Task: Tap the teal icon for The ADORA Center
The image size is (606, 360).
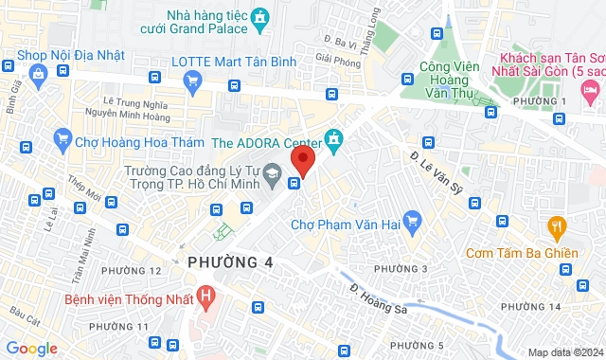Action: pyautogui.click(x=333, y=141)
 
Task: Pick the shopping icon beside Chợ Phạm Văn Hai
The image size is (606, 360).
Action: pyautogui.click(x=411, y=225)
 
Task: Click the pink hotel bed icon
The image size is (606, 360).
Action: pyautogui.click(x=592, y=93)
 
